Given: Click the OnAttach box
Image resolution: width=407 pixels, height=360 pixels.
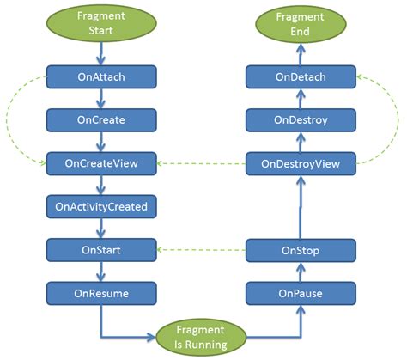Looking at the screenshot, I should (x=101, y=76).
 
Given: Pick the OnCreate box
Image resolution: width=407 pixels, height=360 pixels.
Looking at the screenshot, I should (x=101, y=119).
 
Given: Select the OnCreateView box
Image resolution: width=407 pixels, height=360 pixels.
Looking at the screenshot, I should (x=101, y=162).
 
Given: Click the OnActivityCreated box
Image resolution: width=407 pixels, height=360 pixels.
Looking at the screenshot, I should (x=101, y=206).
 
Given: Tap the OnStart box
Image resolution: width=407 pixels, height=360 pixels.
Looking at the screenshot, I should (x=101, y=250).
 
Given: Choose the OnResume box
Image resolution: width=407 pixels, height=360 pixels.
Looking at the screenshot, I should (x=101, y=293).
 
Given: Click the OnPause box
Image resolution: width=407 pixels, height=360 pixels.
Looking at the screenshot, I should (x=301, y=293).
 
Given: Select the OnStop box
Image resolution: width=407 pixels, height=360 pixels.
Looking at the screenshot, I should (x=301, y=250).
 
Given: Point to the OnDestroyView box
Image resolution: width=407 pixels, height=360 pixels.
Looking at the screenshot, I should (x=301, y=162).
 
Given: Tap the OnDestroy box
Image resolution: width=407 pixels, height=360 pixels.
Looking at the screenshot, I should (x=301, y=119).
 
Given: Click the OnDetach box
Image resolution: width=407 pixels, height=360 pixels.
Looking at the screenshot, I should (x=301, y=76).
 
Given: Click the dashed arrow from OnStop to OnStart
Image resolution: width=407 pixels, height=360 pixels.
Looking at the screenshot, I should (x=202, y=250).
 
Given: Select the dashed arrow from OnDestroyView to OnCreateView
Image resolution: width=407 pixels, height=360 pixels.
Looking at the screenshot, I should (x=202, y=162).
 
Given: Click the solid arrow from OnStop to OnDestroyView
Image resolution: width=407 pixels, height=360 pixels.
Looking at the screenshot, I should (x=301, y=206).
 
